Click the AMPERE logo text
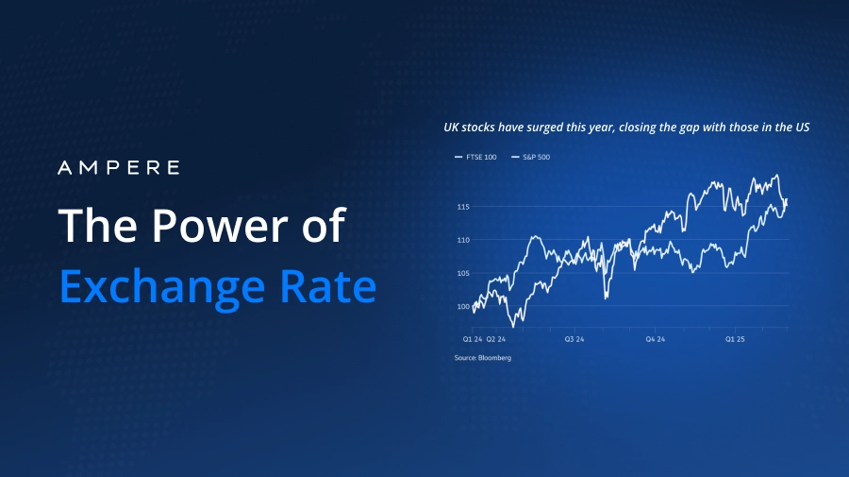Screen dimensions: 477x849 (x=118, y=168)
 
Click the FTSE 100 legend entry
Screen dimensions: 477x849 (x=477, y=157)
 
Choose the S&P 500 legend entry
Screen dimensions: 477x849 (x=532, y=157)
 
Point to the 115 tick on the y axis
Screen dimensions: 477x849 (x=462, y=207)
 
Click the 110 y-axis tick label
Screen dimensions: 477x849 (x=462, y=240)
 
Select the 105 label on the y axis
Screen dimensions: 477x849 (x=462, y=273)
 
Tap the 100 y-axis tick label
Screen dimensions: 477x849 (x=462, y=307)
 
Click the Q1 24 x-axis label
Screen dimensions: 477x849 (x=473, y=338)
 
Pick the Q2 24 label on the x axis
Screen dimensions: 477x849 (x=496, y=338)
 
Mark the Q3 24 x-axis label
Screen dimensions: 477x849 (x=574, y=338)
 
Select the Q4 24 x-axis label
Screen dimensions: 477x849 (x=655, y=338)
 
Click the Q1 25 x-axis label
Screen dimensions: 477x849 (x=735, y=338)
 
